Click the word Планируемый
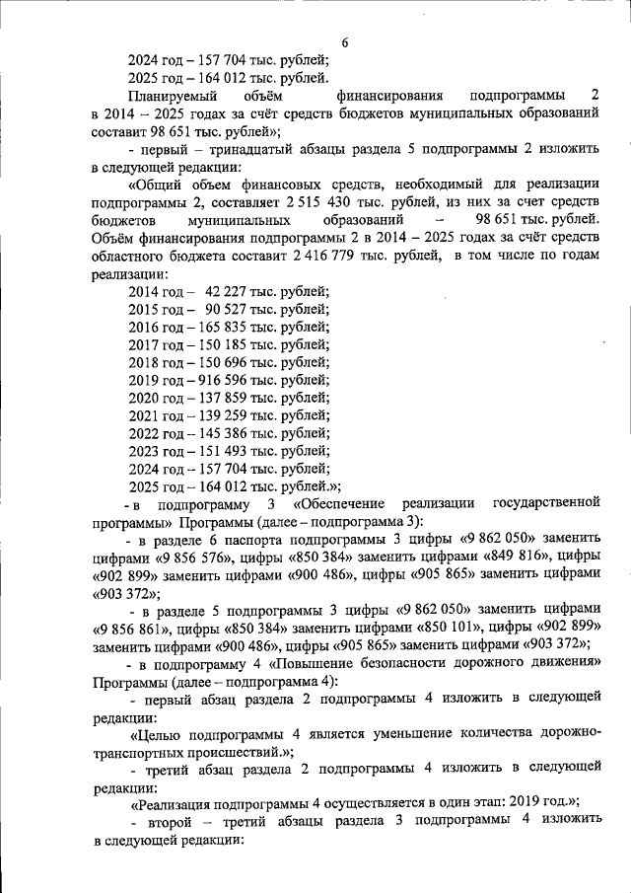[x=171, y=97]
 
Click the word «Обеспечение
[x=346, y=504]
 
